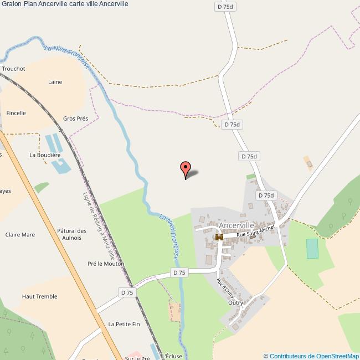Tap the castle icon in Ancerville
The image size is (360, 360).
tap(219, 238)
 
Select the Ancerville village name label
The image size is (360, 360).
tap(236, 226)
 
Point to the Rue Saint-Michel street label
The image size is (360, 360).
tap(256, 232)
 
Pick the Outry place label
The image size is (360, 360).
tap(235, 303)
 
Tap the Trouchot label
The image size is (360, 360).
tap(13, 69)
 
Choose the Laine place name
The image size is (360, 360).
tap(55, 82)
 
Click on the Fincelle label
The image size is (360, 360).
tap(16, 113)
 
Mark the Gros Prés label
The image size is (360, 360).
tap(75, 119)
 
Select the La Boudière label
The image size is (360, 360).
tap(45, 155)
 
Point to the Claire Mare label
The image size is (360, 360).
tap(20, 234)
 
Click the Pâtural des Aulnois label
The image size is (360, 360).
tap(72, 234)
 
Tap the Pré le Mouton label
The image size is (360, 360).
tap(106, 264)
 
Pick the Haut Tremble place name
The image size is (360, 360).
tap(39, 296)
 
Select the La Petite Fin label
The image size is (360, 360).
tap(124, 324)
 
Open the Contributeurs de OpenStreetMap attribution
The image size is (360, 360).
tap(311, 356)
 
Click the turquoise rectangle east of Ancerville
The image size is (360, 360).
tap(313, 249)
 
